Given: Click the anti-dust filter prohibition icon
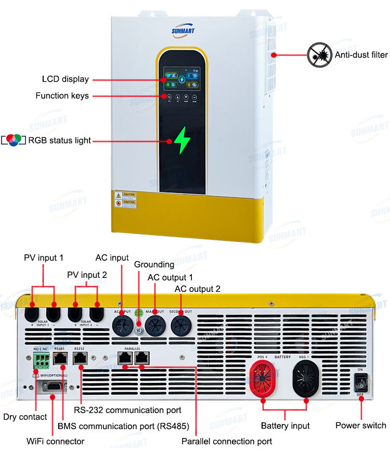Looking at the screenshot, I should pos(319,55).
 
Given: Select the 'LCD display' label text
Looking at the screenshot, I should pos(65,80).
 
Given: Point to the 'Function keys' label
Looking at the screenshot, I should pos(62,96).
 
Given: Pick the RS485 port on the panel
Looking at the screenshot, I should pos(60,358).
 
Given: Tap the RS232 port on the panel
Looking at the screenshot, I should pos(80,358).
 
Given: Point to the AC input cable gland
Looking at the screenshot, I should pos(122,326).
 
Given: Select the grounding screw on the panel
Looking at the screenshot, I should pos(138,329).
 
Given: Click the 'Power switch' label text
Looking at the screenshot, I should pos(360,426).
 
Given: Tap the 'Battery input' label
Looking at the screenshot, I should pos(285,426).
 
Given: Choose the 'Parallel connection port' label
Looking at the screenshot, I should pos(226,441).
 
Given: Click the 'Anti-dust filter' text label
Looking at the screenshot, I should pos(361,55).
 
